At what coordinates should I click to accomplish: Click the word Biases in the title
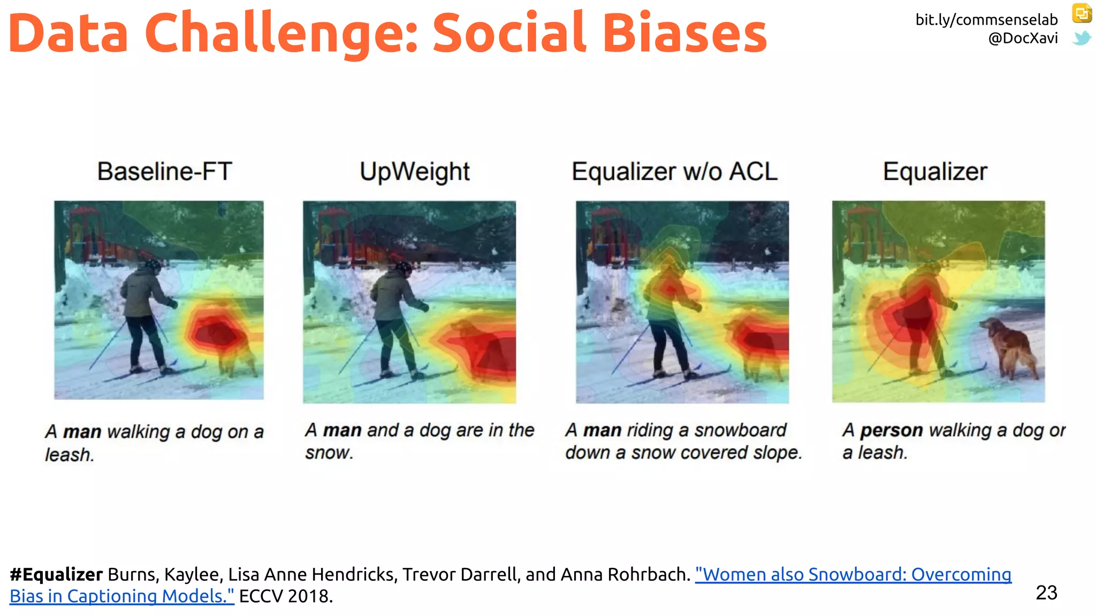[685, 33]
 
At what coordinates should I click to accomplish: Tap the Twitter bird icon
[1082, 38]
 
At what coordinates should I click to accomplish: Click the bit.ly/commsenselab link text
[986, 20]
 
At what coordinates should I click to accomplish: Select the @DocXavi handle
[1023, 38]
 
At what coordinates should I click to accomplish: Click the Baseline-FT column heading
[164, 172]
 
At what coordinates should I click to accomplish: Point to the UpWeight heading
[415, 172]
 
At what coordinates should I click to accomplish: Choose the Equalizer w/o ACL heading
[674, 172]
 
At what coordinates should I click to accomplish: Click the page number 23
[1046, 592]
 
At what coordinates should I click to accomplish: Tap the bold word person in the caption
[891, 430]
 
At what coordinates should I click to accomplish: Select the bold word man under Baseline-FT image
[82, 432]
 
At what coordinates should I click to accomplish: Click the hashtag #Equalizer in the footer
[56, 574]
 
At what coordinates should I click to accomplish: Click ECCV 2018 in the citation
[286, 596]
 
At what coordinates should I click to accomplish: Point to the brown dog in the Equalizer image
[1009, 345]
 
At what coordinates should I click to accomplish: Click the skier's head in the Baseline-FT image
[153, 266]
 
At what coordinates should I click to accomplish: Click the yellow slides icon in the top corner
[1082, 13]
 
